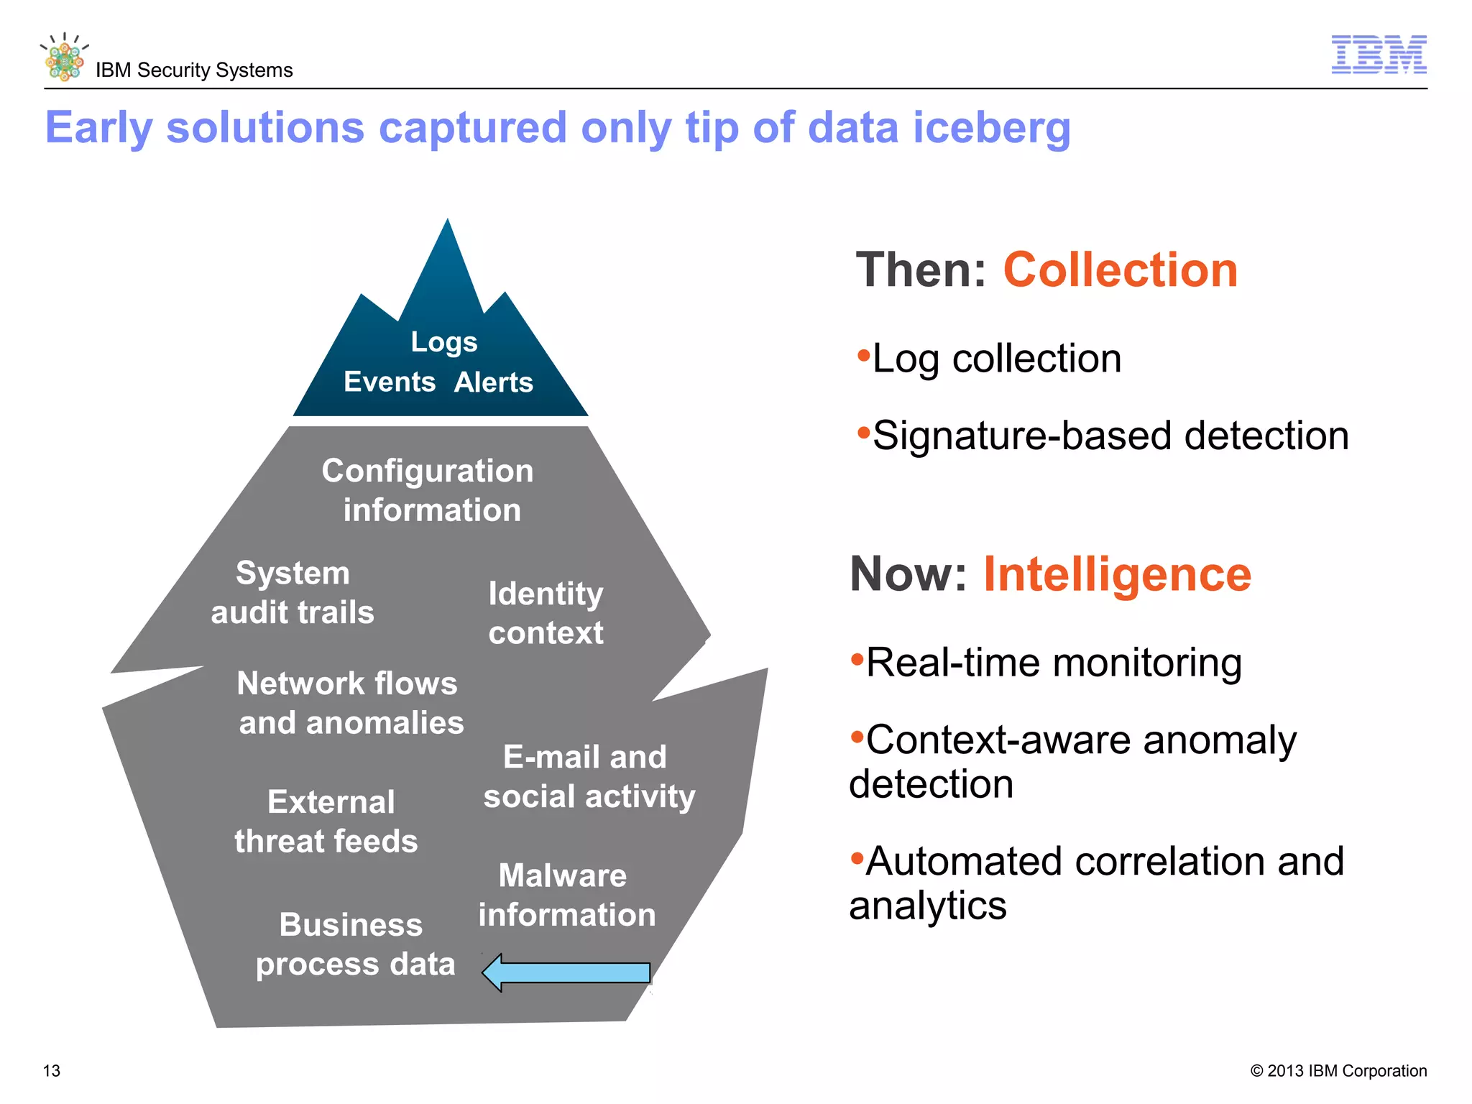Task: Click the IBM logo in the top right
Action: point(1379,54)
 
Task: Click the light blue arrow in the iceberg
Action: point(566,972)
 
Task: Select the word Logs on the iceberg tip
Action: point(443,342)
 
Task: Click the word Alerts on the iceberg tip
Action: point(493,382)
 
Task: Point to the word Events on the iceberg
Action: point(389,382)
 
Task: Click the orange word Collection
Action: point(1120,270)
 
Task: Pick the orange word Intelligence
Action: point(1117,574)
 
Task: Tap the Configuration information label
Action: point(428,490)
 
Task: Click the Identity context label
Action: point(546,613)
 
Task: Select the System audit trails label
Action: point(293,593)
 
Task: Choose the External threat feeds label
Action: point(327,822)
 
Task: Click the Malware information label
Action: point(566,895)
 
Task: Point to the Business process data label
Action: point(355,944)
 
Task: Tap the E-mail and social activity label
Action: point(589,776)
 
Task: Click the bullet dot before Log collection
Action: point(863,355)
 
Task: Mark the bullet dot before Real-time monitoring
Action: point(857,659)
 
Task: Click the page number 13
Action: point(52,1071)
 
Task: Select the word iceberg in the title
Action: point(992,128)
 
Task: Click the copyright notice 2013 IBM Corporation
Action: point(1338,1071)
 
